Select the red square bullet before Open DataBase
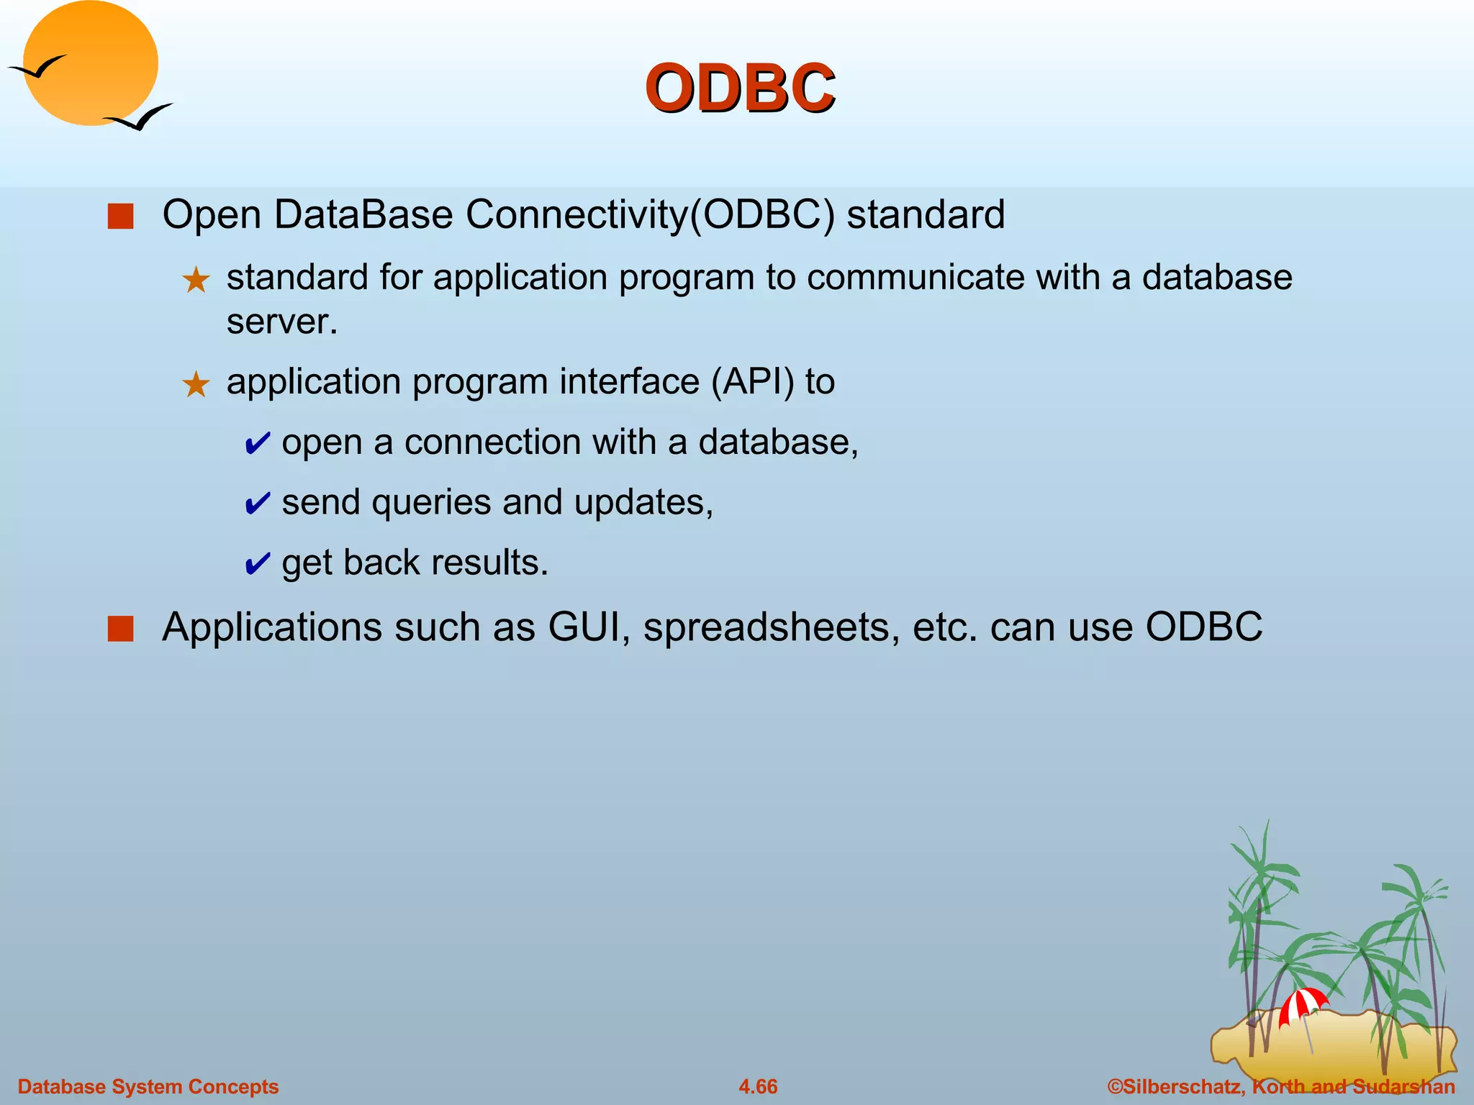coord(120,216)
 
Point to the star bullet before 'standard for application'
coord(196,280)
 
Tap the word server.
coord(281,322)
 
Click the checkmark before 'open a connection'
coord(257,444)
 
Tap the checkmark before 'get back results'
coord(257,564)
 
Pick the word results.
coord(489,563)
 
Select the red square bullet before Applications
coord(120,628)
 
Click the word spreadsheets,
coord(771,627)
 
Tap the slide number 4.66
coord(758,1086)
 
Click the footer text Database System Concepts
coord(148,1086)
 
